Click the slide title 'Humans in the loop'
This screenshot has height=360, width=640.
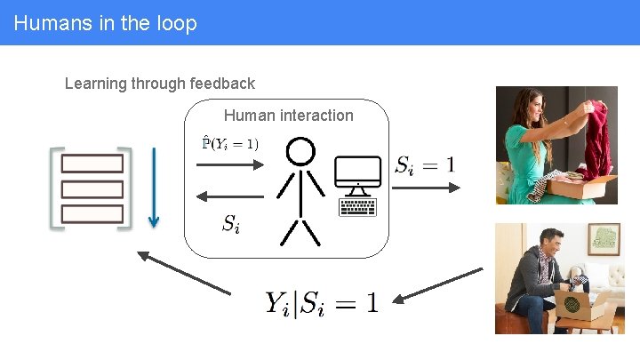click(x=105, y=23)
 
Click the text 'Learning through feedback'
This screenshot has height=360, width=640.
click(x=160, y=84)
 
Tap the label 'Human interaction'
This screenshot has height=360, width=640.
click(x=288, y=116)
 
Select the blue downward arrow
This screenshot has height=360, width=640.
click(x=153, y=188)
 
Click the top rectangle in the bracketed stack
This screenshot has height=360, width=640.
click(x=92, y=164)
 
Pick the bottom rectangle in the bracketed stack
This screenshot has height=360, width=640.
click(x=92, y=214)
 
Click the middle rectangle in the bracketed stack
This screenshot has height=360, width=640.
click(x=92, y=189)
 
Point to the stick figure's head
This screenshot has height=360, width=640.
click(x=300, y=151)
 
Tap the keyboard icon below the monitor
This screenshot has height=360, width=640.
click(x=357, y=207)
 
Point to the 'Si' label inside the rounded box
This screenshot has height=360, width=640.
click(x=230, y=223)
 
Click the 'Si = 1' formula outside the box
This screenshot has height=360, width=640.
click(x=424, y=164)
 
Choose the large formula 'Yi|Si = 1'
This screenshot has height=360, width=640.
click(x=321, y=302)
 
